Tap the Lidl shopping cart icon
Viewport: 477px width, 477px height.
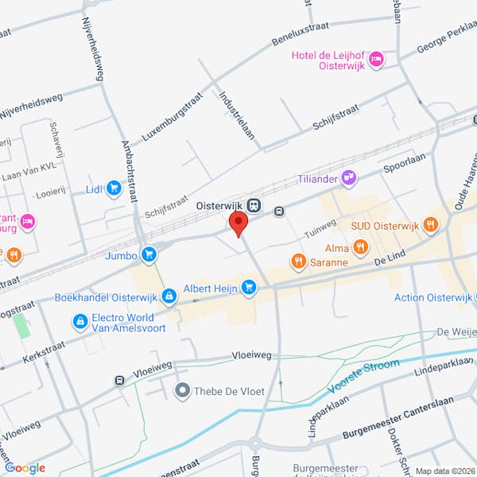(x=114, y=188)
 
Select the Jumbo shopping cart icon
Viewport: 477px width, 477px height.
(x=149, y=254)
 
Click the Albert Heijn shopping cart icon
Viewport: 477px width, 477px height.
(x=250, y=287)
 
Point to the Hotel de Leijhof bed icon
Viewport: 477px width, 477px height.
(x=377, y=58)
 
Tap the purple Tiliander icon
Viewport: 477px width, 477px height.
(x=348, y=177)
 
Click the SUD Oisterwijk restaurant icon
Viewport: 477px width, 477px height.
(x=430, y=225)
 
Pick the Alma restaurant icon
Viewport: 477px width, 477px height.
(x=360, y=247)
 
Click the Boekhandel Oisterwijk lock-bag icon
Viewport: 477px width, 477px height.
(x=169, y=297)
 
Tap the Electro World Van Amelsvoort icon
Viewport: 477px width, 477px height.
(x=79, y=321)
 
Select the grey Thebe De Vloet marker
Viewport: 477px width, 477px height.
(x=184, y=390)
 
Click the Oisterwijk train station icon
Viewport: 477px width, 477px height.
(x=254, y=205)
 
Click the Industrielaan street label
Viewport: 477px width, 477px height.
(x=238, y=114)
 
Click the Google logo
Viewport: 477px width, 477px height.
(x=25, y=467)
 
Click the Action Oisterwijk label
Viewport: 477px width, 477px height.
(x=432, y=297)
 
